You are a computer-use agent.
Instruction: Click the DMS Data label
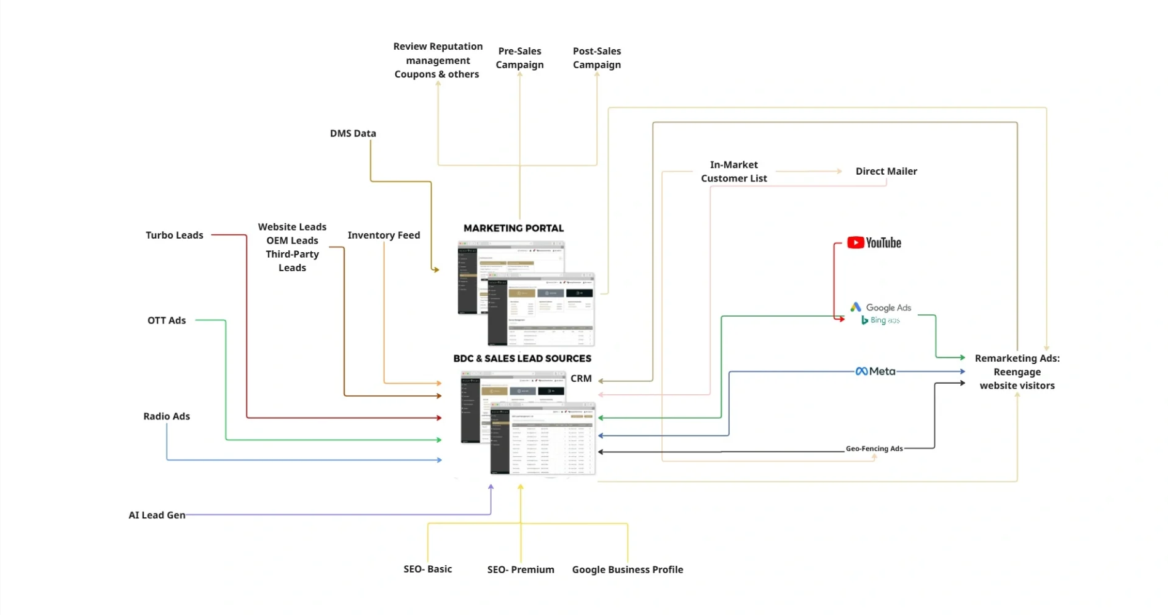353,133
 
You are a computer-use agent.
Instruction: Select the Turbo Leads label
174,235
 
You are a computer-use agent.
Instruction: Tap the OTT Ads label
167,320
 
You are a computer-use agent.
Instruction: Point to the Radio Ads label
167,416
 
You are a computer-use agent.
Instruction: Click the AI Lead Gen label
157,515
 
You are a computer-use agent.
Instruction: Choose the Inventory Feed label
384,235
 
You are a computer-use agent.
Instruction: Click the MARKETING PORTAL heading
513,228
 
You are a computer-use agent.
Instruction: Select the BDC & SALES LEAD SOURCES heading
522,359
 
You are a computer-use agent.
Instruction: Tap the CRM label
581,378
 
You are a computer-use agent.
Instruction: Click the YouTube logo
874,243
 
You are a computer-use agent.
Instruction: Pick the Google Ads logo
881,307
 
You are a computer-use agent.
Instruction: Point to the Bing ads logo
880,320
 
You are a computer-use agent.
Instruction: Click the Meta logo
875,371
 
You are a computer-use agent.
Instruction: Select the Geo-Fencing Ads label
874,449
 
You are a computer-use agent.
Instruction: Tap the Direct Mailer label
886,171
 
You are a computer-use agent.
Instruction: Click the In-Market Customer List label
733,172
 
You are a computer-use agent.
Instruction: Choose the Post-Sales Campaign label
596,58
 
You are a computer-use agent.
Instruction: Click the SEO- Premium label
521,569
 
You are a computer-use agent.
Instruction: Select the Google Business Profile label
627,569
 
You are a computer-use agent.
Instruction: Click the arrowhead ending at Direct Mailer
840,171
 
